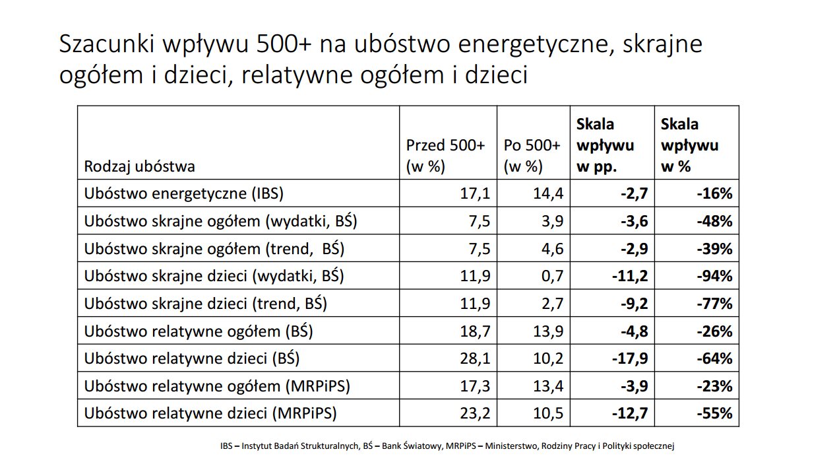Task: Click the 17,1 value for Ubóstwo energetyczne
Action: [475, 193]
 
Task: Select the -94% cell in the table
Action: [714, 276]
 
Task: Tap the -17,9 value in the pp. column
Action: [626, 358]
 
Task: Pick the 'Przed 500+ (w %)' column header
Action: [445, 156]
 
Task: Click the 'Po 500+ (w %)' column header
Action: [532, 156]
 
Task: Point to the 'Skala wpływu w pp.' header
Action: [605, 145]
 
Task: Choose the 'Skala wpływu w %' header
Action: [689, 145]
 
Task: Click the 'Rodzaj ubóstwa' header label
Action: [139, 166]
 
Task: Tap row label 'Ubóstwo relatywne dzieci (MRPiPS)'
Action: [210, 414]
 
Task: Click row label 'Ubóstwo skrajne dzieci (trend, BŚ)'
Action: [206, 304]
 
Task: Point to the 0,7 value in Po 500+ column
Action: [549, 276]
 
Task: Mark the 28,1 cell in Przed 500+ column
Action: [475, 358]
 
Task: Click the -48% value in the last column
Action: [714, 221]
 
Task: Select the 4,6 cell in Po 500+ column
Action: [549, 249]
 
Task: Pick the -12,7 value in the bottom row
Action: [626, 414]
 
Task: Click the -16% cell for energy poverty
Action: [714, 193]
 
